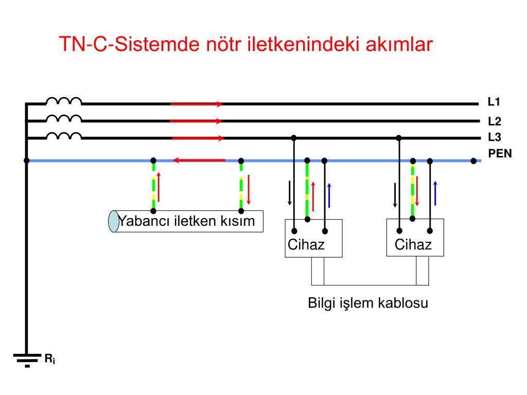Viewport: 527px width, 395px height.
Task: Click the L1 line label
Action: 494,102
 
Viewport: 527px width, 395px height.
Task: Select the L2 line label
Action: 495,121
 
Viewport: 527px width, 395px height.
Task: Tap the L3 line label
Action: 495,137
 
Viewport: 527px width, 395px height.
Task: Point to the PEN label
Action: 500,153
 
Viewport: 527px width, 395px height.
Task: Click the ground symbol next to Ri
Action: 27,360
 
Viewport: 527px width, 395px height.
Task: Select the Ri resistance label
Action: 50,358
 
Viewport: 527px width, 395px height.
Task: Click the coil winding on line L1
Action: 64,101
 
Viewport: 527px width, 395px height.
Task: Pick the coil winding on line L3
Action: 64,135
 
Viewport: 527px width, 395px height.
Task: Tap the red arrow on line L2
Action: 196,121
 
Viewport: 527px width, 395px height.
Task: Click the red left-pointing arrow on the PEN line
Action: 199,160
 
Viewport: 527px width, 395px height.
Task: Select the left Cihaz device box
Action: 313,239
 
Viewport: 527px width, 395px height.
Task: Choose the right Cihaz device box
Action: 415,238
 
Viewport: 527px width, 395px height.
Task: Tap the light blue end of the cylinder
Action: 114,221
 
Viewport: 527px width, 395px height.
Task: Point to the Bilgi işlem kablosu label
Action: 368,303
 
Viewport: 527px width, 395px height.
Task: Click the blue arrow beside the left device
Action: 329,195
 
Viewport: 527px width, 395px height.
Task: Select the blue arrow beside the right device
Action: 435,193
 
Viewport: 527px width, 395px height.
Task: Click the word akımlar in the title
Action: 399,44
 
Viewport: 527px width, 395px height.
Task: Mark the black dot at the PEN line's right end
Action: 473,161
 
